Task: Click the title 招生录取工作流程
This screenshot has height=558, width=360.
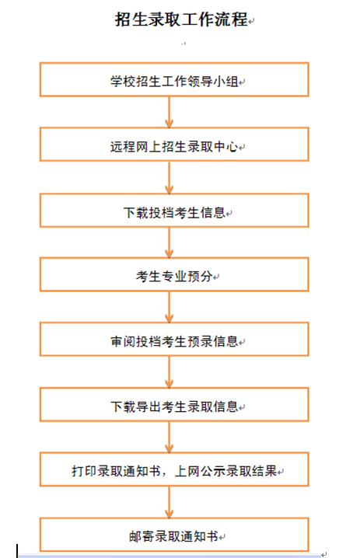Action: pos(181,19)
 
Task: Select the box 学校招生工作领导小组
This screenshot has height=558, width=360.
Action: pos(174,80)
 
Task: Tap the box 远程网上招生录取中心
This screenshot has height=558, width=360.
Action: pos(174,145)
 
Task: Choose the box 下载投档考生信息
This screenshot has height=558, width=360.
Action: pos(174,211)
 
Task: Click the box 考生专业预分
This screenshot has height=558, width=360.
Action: pos(174,275)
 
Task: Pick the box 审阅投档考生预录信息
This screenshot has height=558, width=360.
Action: pos(174,340)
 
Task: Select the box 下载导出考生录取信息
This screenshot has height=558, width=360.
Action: pos(174,405)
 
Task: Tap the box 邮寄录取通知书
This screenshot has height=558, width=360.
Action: pos(174,535)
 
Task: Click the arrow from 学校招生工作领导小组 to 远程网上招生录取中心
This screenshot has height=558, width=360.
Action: pos(170,112)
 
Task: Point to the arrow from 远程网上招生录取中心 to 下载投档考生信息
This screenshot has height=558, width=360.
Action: pos(170,177)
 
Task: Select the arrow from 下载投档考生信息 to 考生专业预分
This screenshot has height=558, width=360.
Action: pos(170,242)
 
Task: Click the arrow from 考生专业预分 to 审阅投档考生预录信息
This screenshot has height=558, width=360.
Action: pos(170,307)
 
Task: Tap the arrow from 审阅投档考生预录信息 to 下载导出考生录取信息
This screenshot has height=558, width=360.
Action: pos(170,372)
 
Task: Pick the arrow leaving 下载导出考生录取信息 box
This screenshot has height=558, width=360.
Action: pos(170,438)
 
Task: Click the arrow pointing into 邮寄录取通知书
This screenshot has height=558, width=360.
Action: pos(170,503)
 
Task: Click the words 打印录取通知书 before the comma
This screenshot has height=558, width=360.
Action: pos(116,471)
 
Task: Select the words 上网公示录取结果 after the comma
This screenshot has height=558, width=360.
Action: pos(226,471)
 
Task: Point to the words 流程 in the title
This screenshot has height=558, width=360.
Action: pos(231,19)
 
